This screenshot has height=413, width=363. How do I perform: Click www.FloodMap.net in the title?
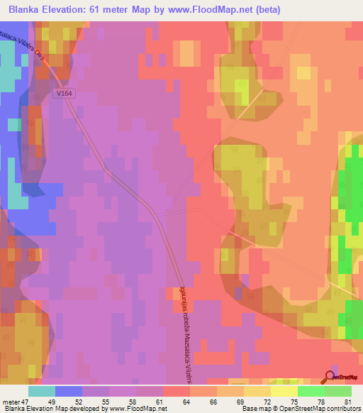pos(216,10)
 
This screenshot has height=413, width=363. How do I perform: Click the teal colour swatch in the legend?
pos(42,392)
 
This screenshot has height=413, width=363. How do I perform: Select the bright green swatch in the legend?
pos(311,392)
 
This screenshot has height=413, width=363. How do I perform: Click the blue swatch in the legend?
pos(69,392)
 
